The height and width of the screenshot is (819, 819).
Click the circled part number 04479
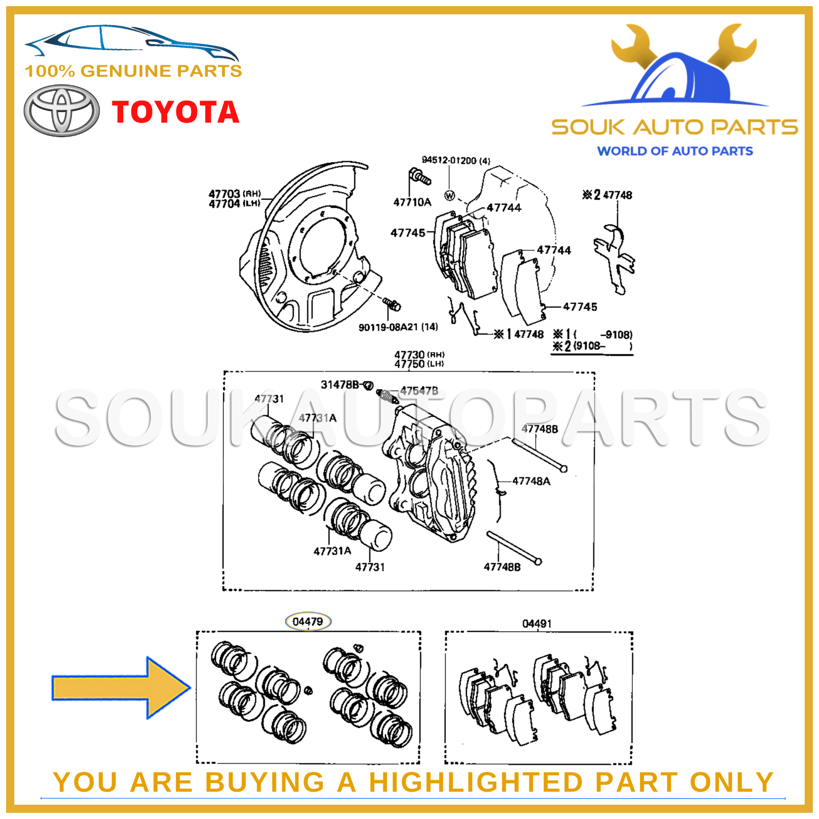point(308,621)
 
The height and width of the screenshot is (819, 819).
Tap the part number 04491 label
point(536,623)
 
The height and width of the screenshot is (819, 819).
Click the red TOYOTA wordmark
point(176,113)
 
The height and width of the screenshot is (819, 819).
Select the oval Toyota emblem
point(61,111)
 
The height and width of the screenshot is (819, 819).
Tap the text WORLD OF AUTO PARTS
point(675,151)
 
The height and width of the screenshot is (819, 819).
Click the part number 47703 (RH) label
point(234,193)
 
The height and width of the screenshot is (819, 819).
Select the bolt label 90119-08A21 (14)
point(398,327)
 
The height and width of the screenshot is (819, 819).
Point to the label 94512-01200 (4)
point(455,160)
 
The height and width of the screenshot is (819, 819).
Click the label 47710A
point(412,202)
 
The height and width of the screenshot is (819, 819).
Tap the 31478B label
point(340,384)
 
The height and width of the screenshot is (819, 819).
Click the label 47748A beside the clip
point(531,481)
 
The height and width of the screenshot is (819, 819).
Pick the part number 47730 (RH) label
point(419,354)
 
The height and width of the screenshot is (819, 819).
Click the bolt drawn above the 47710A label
point(419,177)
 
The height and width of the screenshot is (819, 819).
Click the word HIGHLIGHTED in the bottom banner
point(476,782)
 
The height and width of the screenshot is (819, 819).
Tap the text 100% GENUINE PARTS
point(133,71)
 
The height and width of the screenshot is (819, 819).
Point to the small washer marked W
point(449,195)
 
